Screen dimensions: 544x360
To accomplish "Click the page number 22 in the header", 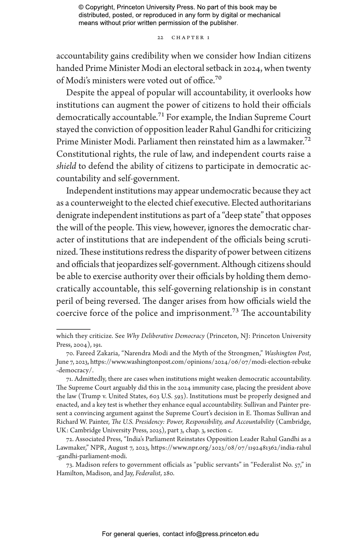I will (160, 38).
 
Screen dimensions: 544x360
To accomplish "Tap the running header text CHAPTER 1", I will (191, 38).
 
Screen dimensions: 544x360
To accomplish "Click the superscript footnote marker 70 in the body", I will (218, 78).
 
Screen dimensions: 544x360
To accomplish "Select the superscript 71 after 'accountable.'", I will (161, 115).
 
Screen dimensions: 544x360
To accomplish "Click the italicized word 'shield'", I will (66, 166).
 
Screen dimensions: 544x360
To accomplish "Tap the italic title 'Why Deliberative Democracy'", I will (165, 336).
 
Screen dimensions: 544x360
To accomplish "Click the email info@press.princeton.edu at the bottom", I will (222, 534).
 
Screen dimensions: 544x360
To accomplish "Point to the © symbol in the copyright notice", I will (81, 7).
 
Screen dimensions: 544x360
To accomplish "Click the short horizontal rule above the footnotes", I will (73, 329).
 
